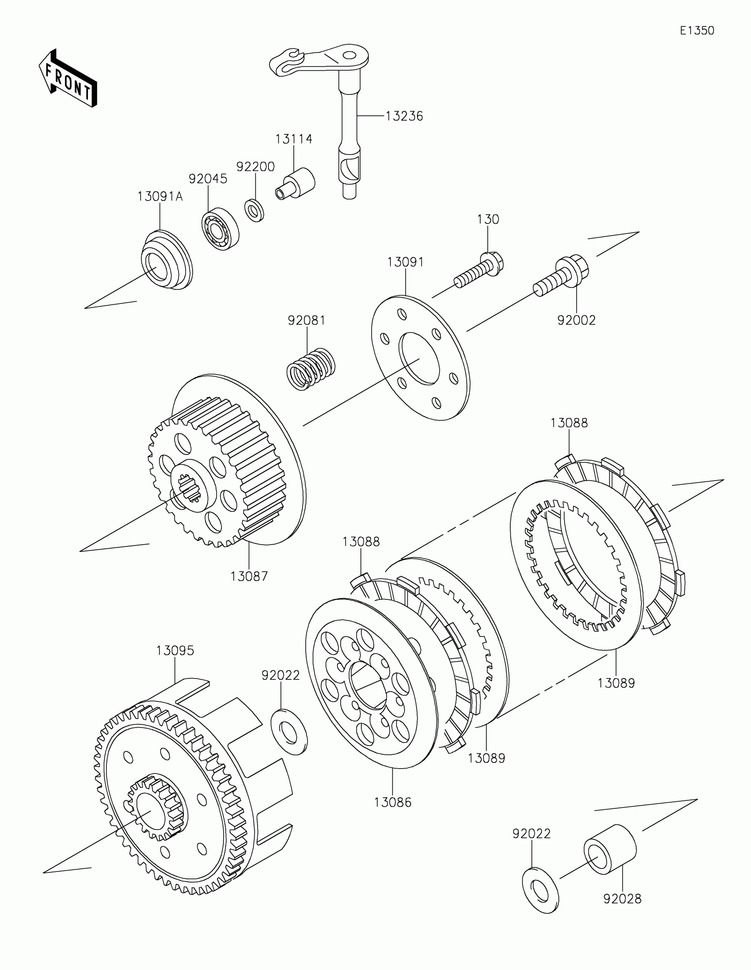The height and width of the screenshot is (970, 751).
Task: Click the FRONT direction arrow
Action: point(68,78)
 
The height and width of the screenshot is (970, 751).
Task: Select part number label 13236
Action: point(404,116)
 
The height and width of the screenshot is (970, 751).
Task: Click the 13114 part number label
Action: point(294,140)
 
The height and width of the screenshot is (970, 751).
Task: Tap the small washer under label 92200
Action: point(254,211)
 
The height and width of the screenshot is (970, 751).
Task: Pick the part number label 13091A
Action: point(160,197)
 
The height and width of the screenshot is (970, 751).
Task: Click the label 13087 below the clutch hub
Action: point(249,576)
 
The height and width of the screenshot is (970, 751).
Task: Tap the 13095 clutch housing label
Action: point(175,651)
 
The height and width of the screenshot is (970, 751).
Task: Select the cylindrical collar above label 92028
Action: point(610,850)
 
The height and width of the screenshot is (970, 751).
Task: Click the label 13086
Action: point(393,802)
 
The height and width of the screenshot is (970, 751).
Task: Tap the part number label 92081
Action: point(307,320)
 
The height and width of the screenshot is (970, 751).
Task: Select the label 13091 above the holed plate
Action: point(405,262)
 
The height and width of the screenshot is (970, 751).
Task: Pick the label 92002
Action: point(576,320)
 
